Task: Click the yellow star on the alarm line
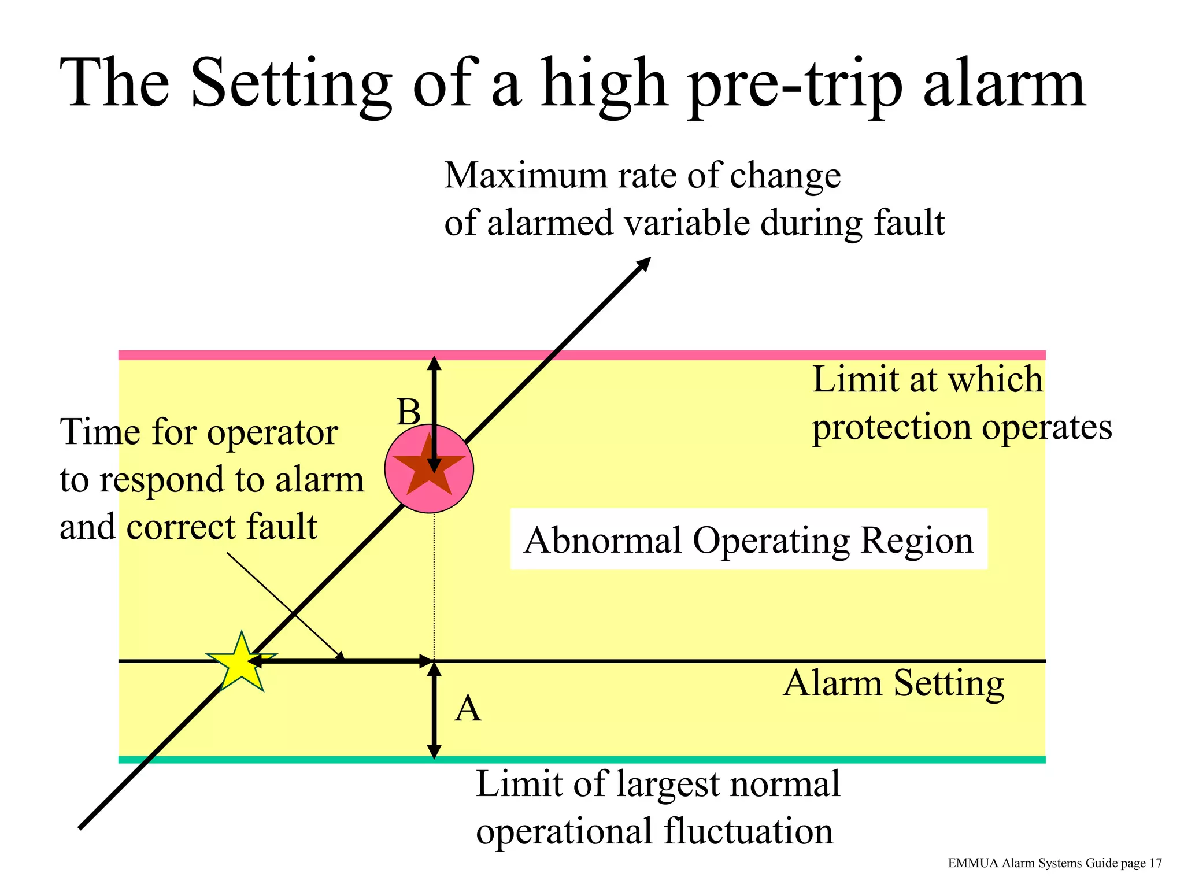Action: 240,664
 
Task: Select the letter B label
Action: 409,412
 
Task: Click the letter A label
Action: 468,708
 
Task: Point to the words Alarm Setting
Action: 893,683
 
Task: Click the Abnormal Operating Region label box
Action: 748,539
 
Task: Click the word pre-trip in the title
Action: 795,84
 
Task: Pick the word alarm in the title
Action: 1004,84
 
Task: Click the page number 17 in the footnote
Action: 1155,863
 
